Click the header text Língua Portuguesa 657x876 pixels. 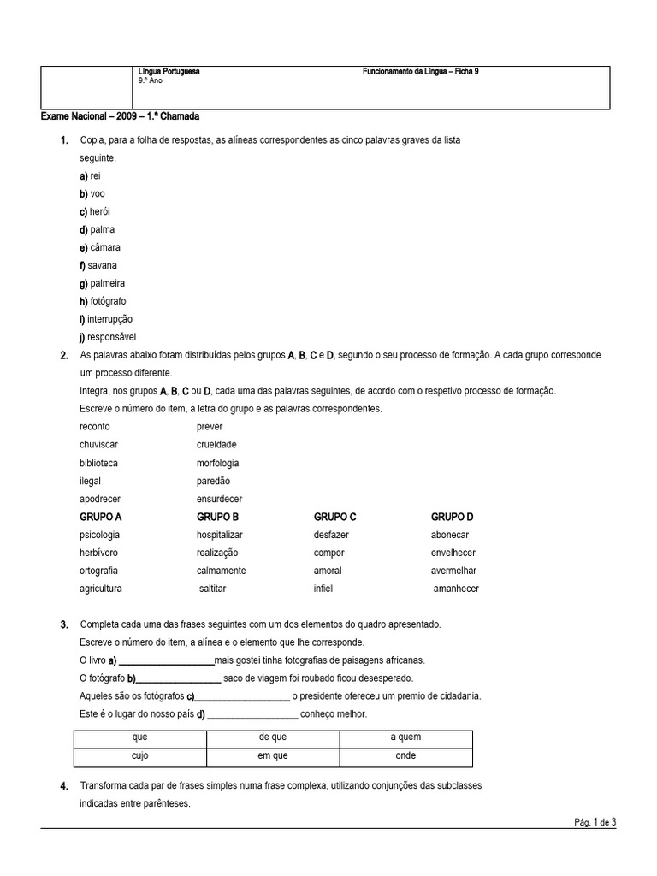[169, 72]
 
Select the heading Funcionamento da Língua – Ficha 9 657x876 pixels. [421, 72]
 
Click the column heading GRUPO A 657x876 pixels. [101, 517]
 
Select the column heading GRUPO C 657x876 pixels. [334, 517]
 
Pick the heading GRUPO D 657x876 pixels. [452, 517]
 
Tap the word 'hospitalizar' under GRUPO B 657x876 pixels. [220, 535]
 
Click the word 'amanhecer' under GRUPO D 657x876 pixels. [456, 589]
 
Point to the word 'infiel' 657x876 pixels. [323, 589]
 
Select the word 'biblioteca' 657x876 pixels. [98, 463]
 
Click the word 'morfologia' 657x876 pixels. [217, 463]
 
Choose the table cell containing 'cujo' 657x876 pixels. [140, 756]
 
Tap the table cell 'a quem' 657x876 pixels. [405, 737]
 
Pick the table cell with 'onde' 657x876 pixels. [405, 756]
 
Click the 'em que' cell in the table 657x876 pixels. [273, 756]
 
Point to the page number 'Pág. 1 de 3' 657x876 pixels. [595, 822]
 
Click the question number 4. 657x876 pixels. [64, 786]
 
